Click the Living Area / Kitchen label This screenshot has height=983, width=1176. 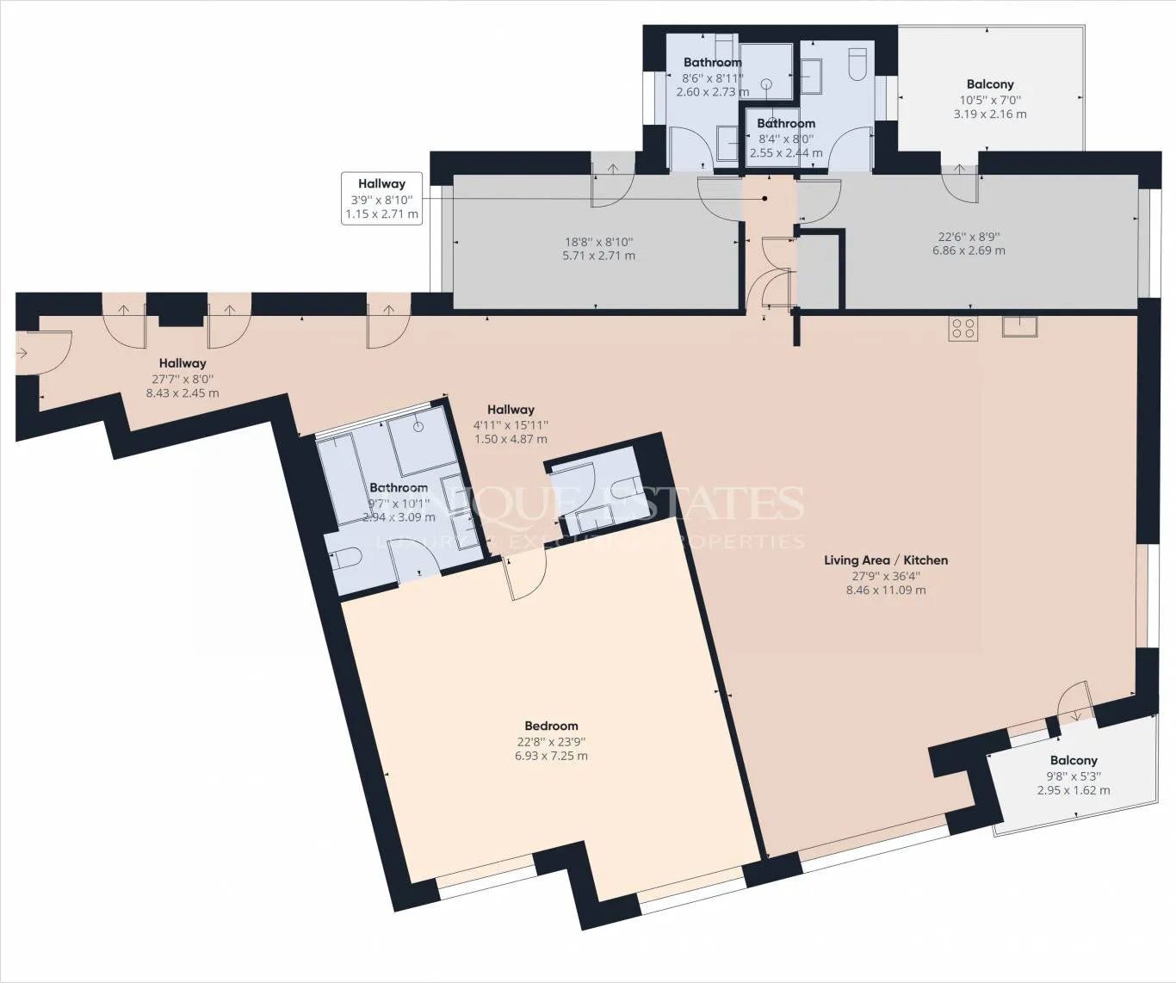[886, 560]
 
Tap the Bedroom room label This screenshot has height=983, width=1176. [551, 726]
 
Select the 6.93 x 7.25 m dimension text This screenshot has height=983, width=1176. [551, 756]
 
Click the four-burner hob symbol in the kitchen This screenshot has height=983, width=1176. [962, 328]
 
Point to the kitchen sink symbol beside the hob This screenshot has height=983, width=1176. [1019, 326]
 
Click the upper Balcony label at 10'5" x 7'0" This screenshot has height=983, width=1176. [990, 84]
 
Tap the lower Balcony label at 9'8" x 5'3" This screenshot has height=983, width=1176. [1074, 760]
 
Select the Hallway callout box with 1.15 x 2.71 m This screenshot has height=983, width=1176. [381, 199]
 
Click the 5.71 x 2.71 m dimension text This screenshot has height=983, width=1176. [598, 256]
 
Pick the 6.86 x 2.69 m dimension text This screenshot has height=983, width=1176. [969, 250]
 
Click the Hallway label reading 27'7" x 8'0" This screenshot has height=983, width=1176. [183, 363]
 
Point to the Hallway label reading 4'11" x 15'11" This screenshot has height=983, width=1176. [511, 410]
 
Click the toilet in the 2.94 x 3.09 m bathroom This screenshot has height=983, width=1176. [346, 559]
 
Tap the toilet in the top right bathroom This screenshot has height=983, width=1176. [857, 64]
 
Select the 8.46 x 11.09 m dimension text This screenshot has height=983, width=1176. [886, 590]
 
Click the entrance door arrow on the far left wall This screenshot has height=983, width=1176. [22, 353]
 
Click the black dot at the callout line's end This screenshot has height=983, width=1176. [764, 199]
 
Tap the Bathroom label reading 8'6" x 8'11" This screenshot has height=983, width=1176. [712, 62]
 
